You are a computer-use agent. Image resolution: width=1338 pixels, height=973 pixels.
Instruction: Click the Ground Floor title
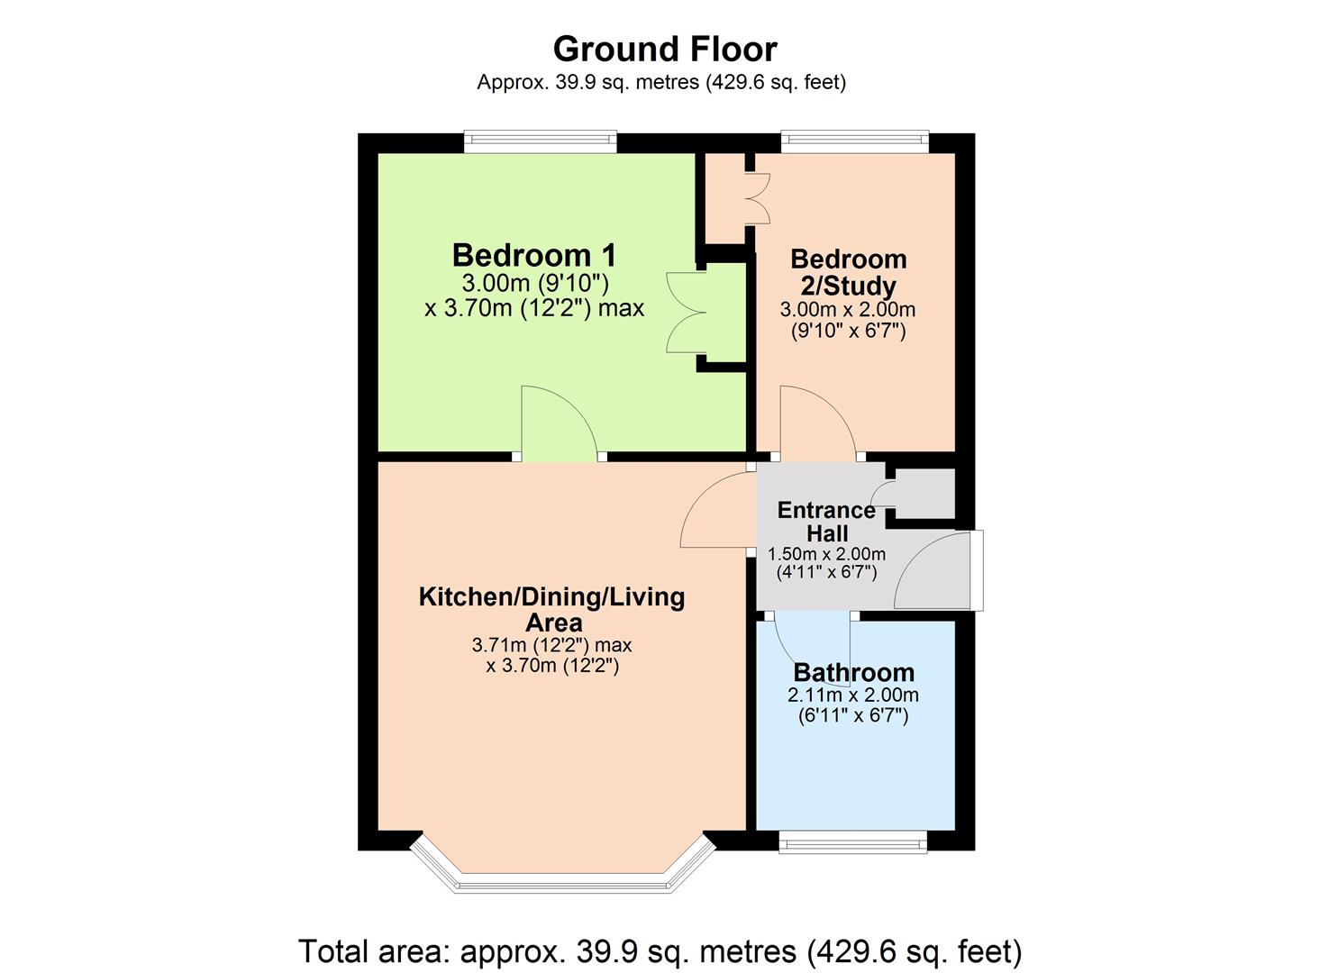point(664,49)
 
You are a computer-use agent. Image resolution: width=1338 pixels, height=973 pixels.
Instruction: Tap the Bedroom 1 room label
point(533,255)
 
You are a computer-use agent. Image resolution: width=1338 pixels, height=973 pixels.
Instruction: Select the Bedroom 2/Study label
point(848,272)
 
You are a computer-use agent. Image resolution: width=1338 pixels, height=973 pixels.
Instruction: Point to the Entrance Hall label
point(826,522)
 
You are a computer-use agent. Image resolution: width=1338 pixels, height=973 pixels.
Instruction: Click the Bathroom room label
point(853,673)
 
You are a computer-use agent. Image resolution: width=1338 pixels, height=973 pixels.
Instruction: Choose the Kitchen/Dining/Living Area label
point(551,609)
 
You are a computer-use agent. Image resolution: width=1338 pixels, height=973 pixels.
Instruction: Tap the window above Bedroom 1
point(541,141)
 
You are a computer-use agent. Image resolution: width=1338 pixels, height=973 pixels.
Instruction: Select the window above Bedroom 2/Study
point(854,141)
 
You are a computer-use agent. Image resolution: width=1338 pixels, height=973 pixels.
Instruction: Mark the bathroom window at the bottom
point(852,844)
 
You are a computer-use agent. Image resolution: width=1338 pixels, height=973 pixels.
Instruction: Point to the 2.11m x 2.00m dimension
point(853,696)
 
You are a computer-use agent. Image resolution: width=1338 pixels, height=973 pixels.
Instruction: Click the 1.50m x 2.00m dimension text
point(826,554)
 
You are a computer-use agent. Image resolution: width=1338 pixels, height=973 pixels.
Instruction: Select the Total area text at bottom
point(660,951)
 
